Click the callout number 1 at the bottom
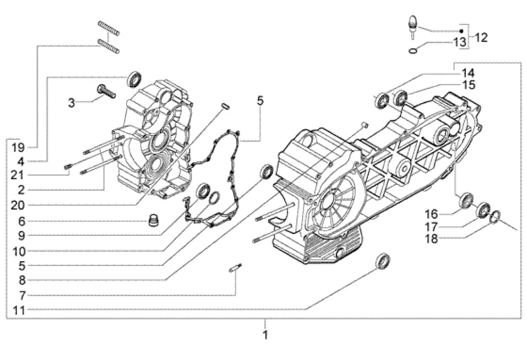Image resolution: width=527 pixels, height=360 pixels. pyautogui.click(x=266, y=335)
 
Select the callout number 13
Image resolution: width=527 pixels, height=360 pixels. pyautogui.click(x=460, y=42)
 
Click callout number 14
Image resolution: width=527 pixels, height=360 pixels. pyautogui.click(x=468, y=73)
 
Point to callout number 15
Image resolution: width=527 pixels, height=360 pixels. pyautogui.click(x=468, y=84)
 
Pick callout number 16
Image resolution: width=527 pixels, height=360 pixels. pyautogui.click(x=431, y=214)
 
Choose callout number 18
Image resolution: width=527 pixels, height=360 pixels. pyautogui.click(x=431, y=239)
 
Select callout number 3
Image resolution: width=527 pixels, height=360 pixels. pyautogui.click(x=72, y=103)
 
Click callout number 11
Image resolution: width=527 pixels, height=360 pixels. pyautogui.click(x=18, y=311)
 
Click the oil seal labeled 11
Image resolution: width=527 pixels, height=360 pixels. pyautogui.click(x=382, y=261)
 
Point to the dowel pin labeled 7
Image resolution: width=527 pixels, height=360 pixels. pyautogui.click(x=236, y=268)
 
